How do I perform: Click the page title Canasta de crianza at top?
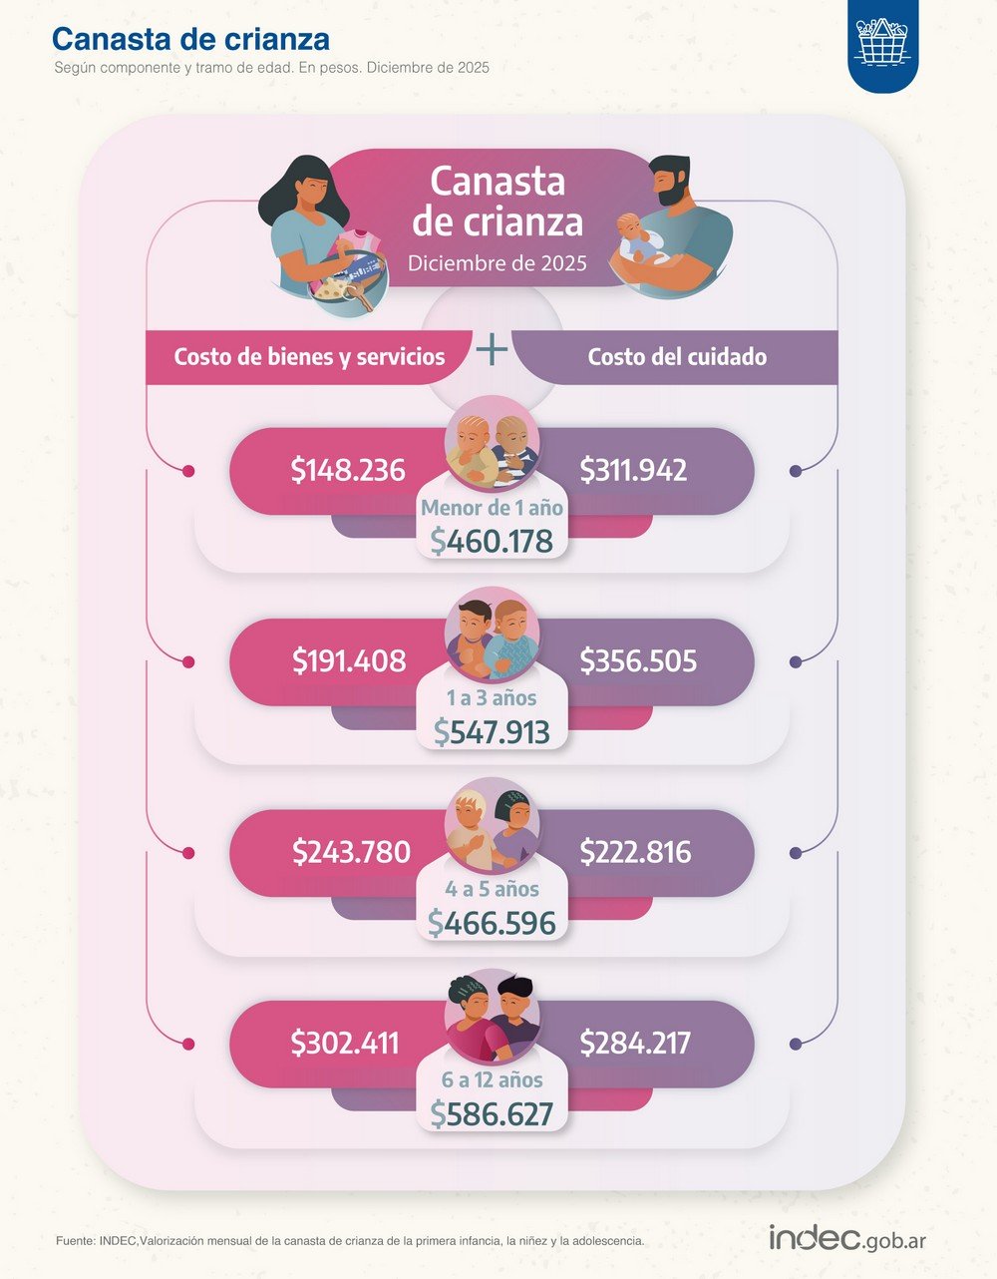tap(190, 39)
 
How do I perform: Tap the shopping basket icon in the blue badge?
tap(882, 42)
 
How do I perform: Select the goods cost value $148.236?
tap(348, 470)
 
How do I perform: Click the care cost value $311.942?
tap(634, 470)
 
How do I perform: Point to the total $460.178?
tap(492, 541)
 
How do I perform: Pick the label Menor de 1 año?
tap(492, 508)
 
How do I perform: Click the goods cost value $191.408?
tap(349, 660)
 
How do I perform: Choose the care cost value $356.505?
tap(638, 660)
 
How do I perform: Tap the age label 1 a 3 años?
tap(492, 698)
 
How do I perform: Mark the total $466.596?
tap(492, 923)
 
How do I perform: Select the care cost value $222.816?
tap(635, 852)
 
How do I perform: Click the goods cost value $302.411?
tap(345, 1043)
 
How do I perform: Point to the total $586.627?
tap(492, 1113)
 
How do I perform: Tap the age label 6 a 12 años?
tap(492, 1079)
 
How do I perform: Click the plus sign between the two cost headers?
tap(492, 349)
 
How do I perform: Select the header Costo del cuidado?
tap(677, 357)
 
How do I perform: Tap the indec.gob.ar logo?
tap(846, 1238)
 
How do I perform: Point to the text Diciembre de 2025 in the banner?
tap(497, 263)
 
